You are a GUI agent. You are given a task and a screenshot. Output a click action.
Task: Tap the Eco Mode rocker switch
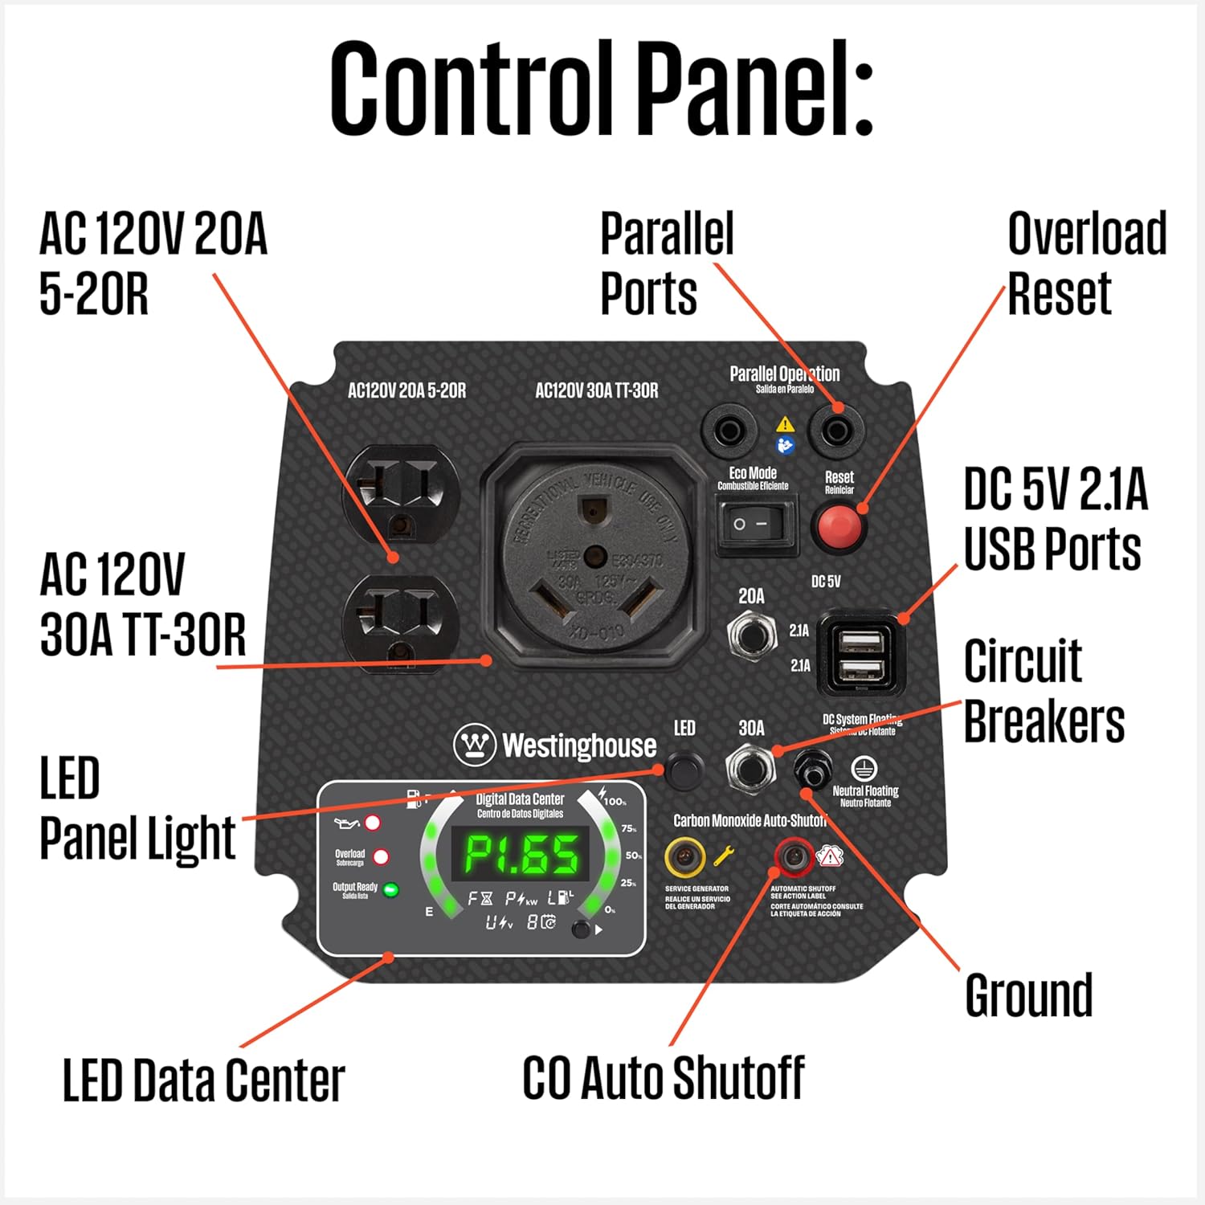tap(756, 525)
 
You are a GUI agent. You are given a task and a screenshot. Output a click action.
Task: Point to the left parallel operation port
tap(729, 431)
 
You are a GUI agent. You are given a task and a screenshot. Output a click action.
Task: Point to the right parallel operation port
tap(836, 431)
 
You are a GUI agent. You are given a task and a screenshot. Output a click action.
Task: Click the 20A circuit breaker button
tap(751, 635)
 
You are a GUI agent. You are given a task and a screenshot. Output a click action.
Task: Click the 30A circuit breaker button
tap(751, 767)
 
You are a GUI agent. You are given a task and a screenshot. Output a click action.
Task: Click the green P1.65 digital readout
tap(521, 854)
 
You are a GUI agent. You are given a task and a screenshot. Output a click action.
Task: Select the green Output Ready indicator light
tap(391, 890)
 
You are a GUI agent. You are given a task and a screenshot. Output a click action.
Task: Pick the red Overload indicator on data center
tap(381, 856)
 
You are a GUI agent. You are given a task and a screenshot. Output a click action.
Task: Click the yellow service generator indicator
tap(684, 857)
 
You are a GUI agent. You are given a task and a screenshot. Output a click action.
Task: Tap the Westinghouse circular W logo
tap(475, 745)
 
